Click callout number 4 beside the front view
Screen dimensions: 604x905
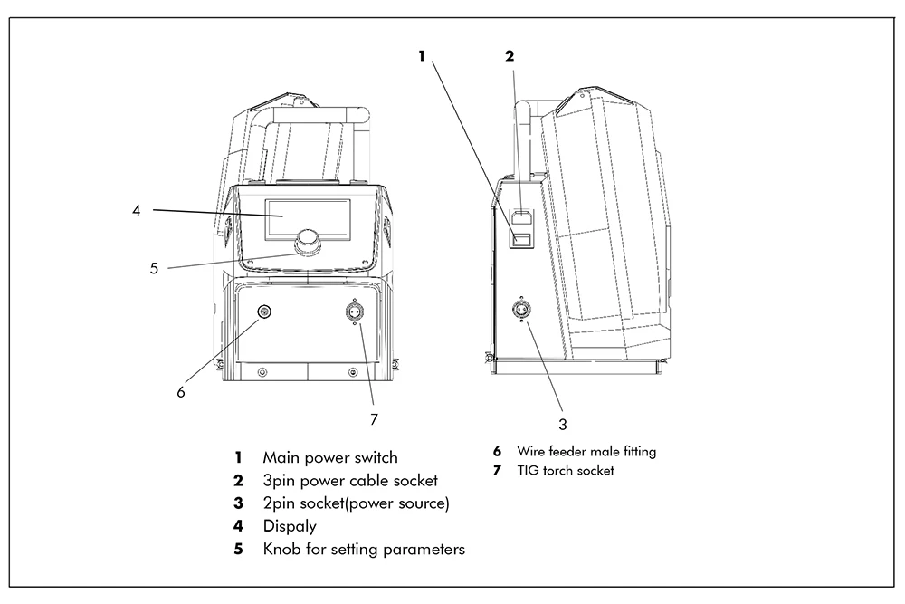(136, 211)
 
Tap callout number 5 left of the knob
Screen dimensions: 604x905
(153, 268)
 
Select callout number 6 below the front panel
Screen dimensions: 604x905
(181, 392)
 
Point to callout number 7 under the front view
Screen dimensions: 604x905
(373, 418)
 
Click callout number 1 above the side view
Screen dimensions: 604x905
(421, 56)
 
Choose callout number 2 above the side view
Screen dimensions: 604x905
(509, 56)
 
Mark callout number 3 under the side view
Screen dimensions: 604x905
(562, 423)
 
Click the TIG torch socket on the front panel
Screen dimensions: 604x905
(354, 312)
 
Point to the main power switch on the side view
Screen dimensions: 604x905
(523, 240)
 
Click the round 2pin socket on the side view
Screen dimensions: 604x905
(522, 308)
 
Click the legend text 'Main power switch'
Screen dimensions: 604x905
(330, 457)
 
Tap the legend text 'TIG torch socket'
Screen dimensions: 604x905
(566, 470)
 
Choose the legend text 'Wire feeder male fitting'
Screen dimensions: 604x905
(586, 450)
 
